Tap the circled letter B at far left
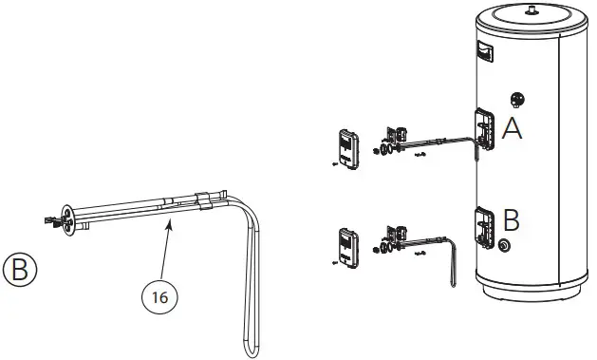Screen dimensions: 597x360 pos(21,269)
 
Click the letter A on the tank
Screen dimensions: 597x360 pos(513,130)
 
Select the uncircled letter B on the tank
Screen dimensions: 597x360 pos(511,220)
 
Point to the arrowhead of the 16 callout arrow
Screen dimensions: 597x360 pos(171,218)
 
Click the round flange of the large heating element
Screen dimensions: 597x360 pos(67,217)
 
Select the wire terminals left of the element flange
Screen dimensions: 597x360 pos(47,221)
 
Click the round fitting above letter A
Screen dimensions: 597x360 pos(518,99)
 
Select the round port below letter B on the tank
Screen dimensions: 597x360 pos(501,246)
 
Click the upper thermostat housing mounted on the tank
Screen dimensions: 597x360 pos(484,129)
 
